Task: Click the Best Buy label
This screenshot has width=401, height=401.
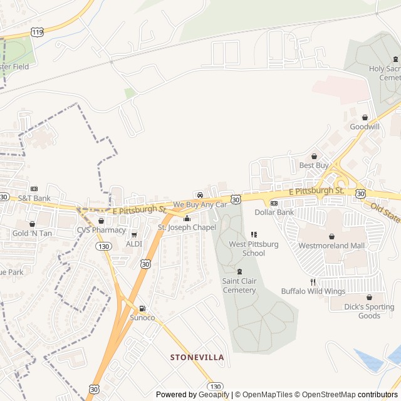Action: (314, 165)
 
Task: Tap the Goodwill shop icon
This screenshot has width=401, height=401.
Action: (365, 117)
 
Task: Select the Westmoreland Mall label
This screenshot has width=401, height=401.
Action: (331, 246)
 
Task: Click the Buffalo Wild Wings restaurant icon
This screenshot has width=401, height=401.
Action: (313, 282)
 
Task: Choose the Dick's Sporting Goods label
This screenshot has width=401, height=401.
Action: (369, 311)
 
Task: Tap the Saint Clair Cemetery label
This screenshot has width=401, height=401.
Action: (239, 286)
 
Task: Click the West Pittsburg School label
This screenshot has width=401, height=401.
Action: (254, 249)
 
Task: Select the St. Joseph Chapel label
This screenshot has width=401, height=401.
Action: (187, 227)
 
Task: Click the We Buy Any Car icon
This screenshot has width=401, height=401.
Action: (200, 195)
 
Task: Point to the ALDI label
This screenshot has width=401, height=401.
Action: (134, 244)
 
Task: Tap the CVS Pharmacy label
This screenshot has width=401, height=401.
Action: (102, 230)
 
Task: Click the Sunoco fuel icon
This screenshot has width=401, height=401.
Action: (142, 308)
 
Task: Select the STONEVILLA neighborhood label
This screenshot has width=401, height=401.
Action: (197, 357)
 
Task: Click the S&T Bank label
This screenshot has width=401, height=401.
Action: (34, 198)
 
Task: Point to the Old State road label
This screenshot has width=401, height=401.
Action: (385, 212)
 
